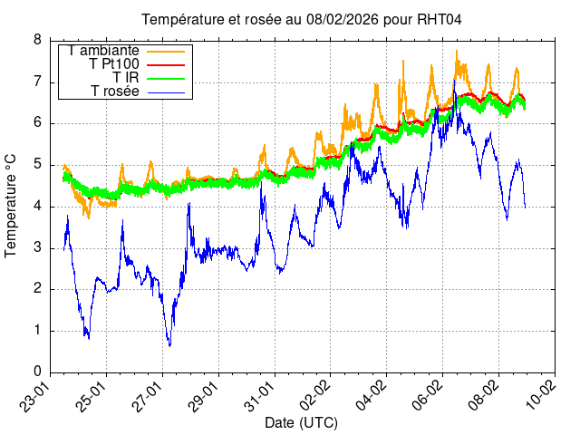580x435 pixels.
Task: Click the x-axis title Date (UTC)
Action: (301, 423)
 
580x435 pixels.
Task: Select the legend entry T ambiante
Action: (101, 51)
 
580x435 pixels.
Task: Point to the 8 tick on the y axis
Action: (37, 40)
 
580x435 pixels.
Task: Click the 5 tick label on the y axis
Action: (37, 165)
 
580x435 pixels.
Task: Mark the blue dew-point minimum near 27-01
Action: (169, 345)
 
